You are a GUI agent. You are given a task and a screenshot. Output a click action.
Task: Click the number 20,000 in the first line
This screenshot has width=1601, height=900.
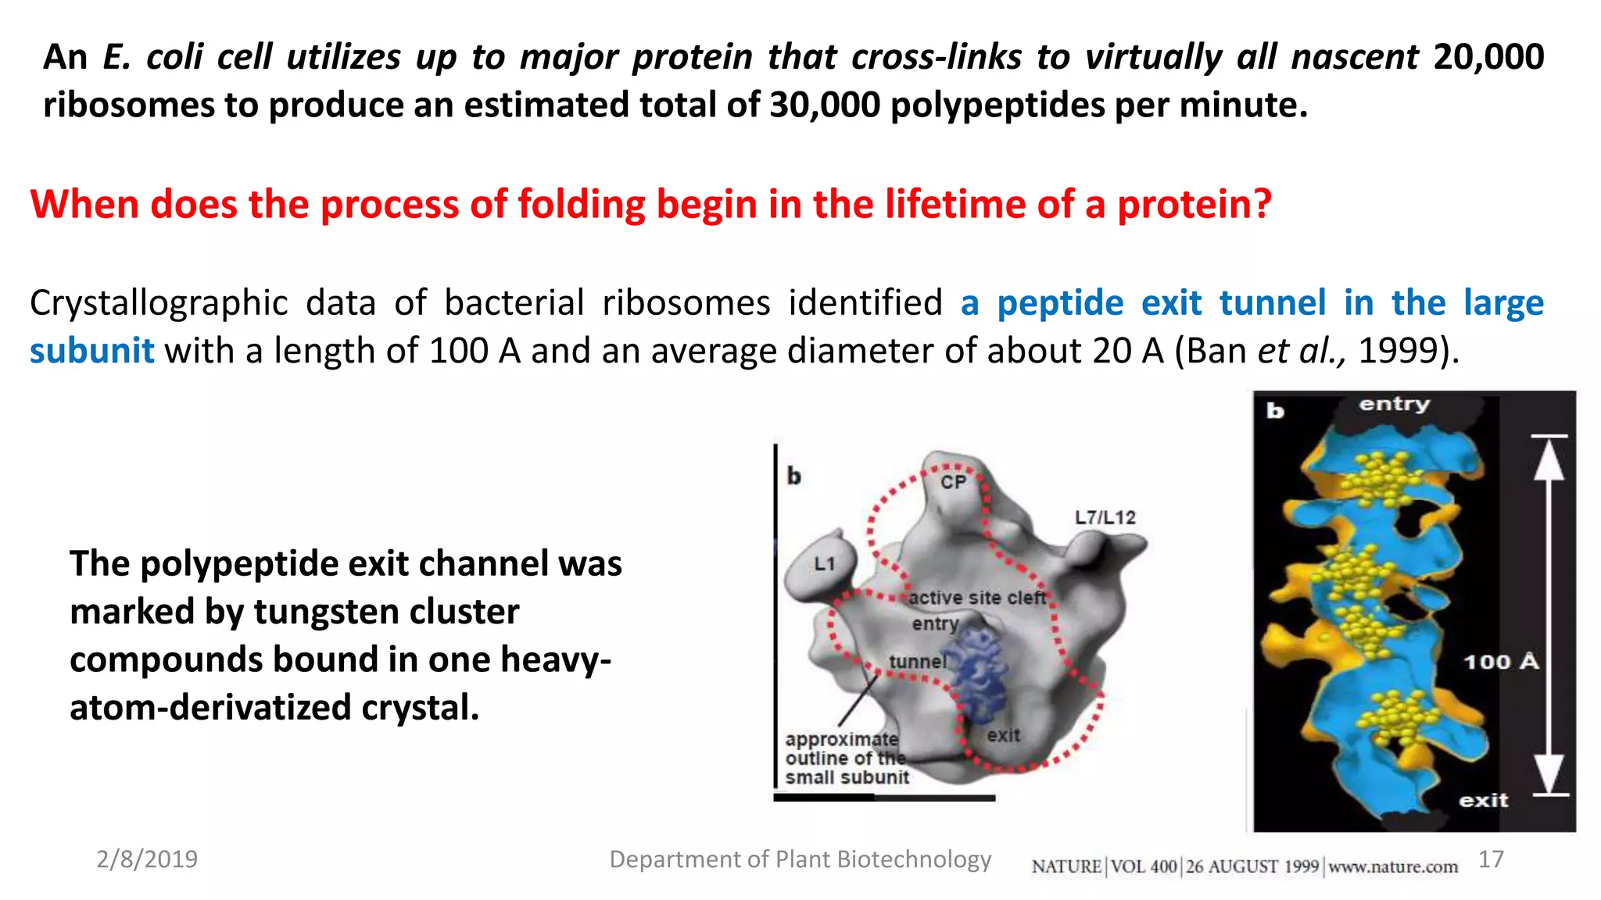coord(1488,57)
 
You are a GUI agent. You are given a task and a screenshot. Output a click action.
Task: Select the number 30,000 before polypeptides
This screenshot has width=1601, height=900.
coord(824,105)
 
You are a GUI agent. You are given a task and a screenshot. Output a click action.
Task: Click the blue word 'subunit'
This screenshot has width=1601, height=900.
coord(91,351)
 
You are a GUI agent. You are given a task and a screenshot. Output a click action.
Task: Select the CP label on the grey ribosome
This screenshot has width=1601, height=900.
coord(953,482)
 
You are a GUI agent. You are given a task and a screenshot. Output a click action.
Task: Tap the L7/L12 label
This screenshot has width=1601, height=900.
coord(1105,517)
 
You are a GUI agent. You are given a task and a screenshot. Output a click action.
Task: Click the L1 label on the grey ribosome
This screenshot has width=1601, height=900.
coord(825,563)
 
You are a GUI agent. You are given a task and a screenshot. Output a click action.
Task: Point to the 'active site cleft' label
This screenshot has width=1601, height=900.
coord(976,598)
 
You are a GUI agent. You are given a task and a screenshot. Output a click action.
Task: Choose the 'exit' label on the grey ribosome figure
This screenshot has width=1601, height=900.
coord(1003,735)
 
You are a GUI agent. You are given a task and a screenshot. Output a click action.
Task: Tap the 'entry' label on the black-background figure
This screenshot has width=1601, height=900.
coord(1394,404)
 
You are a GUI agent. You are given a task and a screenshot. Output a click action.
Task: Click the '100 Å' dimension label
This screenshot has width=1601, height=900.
coord(1500,662)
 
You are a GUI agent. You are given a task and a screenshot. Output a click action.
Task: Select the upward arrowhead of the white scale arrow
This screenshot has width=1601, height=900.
coord(1549,459)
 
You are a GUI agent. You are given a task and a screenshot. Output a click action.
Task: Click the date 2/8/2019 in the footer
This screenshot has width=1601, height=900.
coord(147,859)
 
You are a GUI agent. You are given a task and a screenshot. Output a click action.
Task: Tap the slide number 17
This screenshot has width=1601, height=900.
coord(1491,859)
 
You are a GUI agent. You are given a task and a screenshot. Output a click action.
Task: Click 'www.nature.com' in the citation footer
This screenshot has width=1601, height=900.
coord(1393,866)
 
